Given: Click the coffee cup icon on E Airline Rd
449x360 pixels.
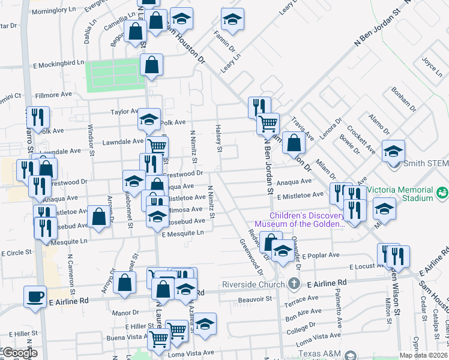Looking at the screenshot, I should coord(35,296).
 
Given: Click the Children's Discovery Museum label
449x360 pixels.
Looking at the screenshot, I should coord(301,220).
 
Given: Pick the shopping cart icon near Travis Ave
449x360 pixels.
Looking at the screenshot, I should coord(268,124).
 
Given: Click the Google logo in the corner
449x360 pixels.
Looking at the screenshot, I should coord(20,353).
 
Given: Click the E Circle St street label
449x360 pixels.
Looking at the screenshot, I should coord(16,253).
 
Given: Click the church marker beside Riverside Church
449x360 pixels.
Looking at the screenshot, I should coord(294,283).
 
